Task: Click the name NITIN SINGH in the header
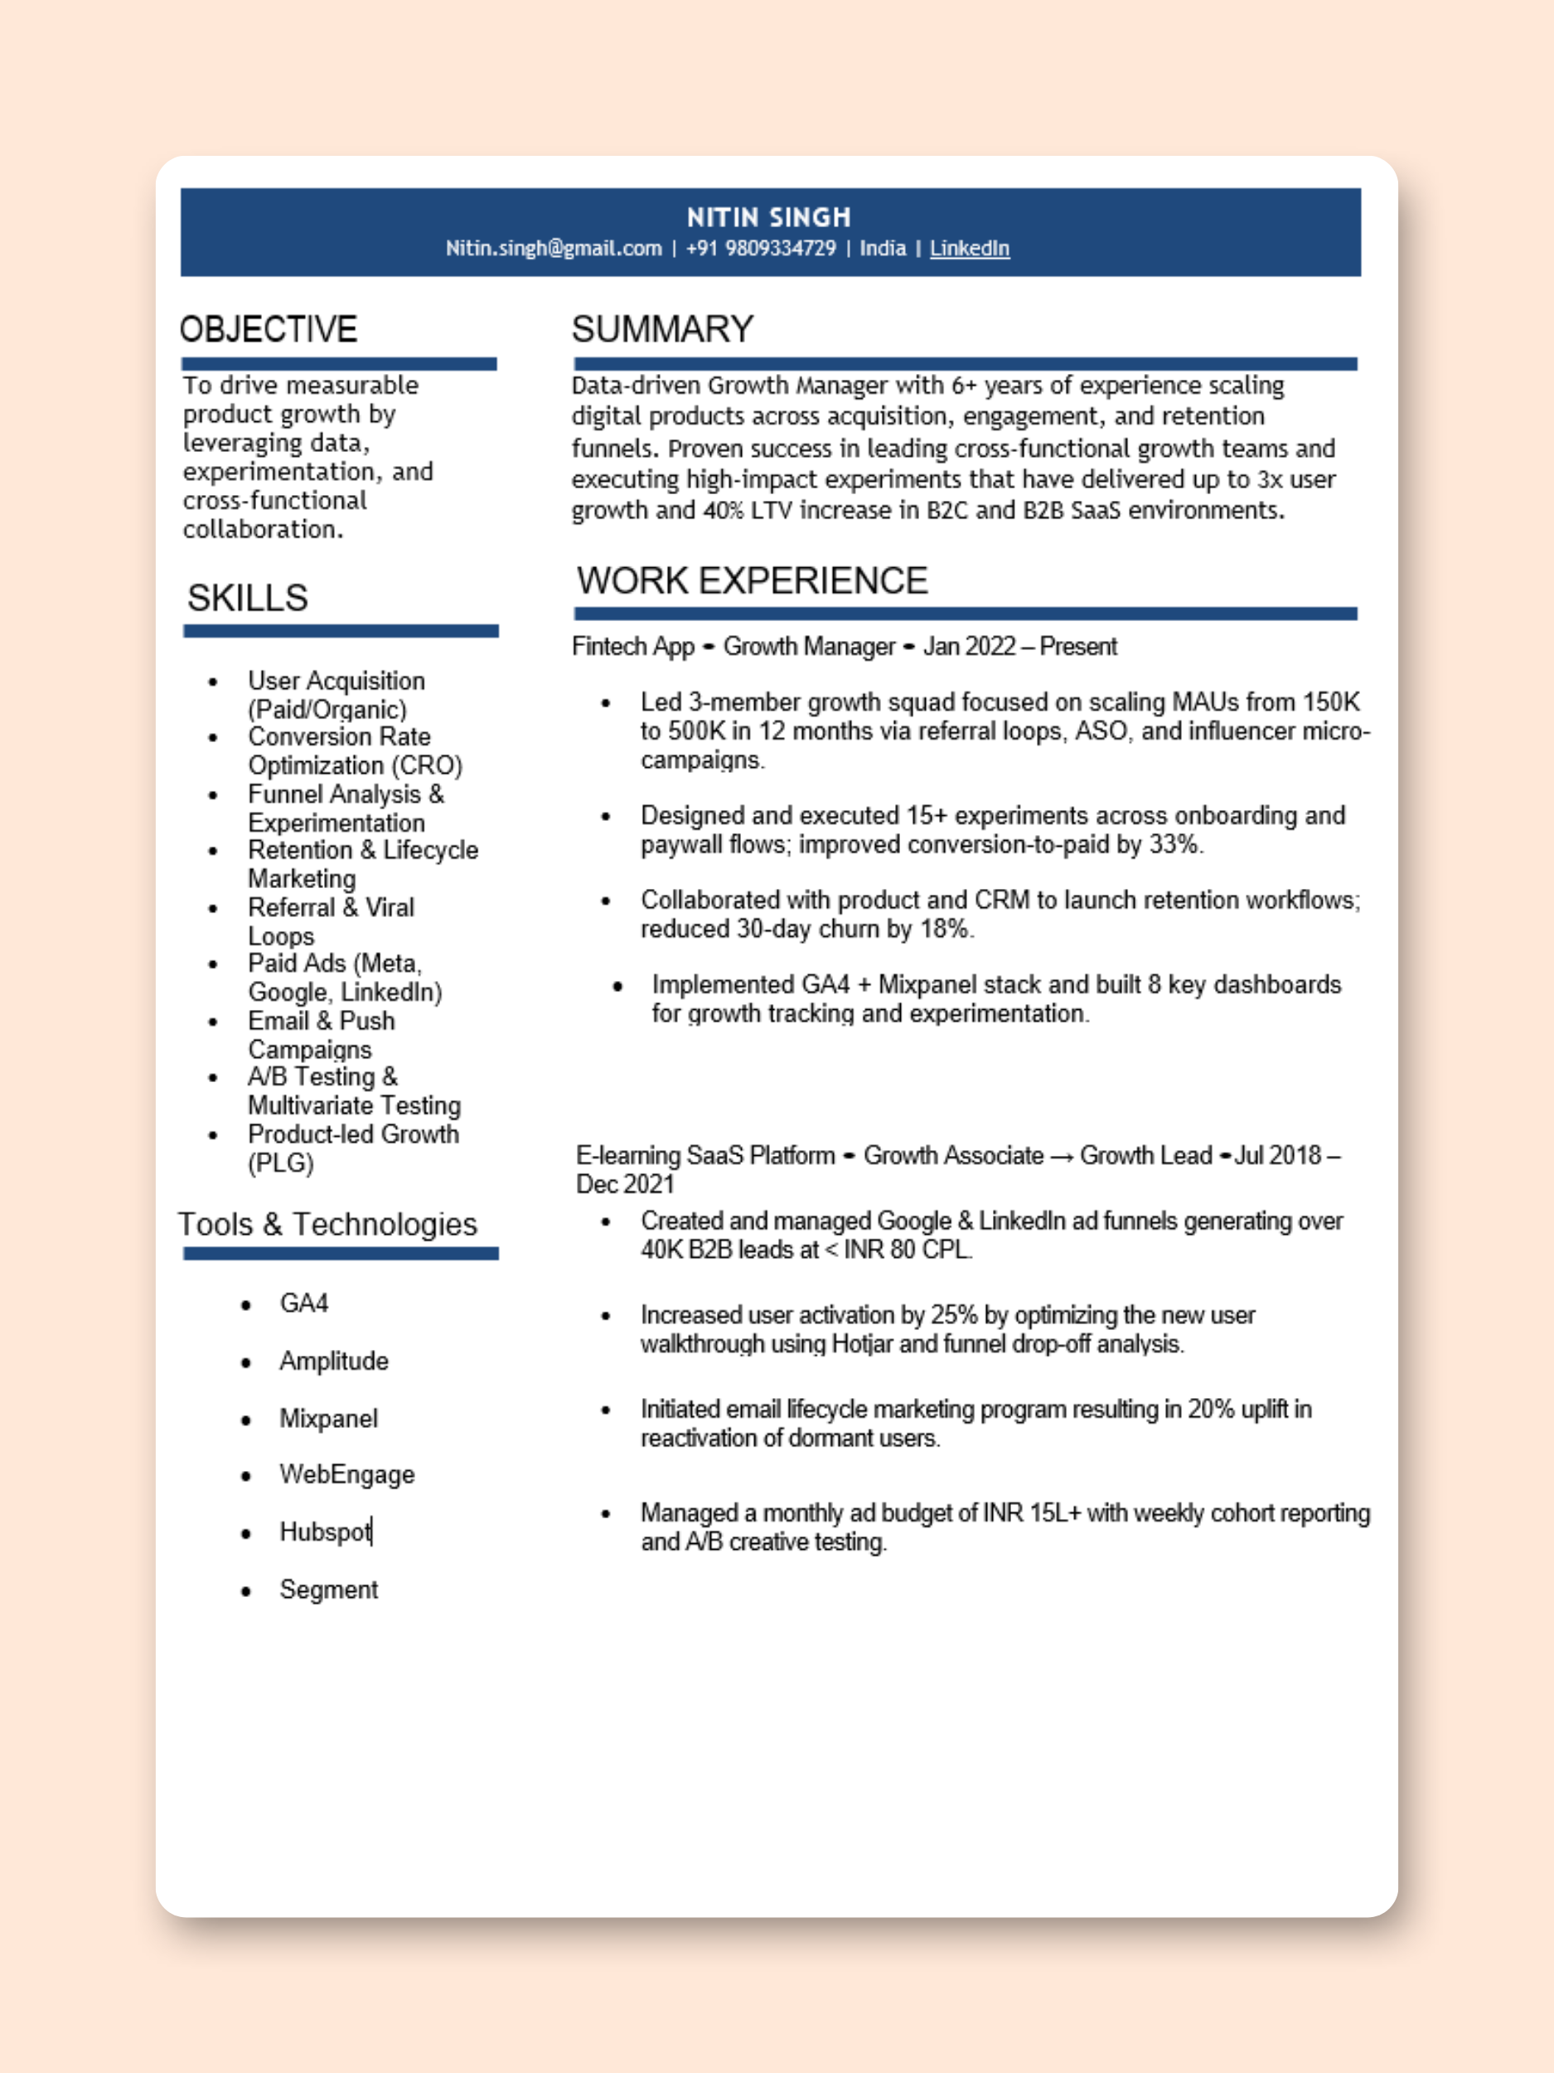(x=768, y=217)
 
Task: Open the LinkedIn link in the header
(x=969, y=249)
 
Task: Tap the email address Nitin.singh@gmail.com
(x=553, y=249)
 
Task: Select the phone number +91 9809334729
(x=760, y=249)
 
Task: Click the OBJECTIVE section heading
(x=268, y=329)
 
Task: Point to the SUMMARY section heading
(x=662, y=329)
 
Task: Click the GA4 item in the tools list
(x=303, y=1304)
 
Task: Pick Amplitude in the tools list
(x=333, y=1361)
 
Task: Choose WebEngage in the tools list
(x=346, y=1474)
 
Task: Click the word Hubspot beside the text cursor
(x=324, y=1532)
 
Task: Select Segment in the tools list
(x=329, y=1590)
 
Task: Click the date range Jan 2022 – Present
(x=1019, y=647)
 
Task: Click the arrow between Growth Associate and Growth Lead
(x=1062, y=1157)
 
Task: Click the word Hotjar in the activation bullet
(x=862, y=1344)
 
